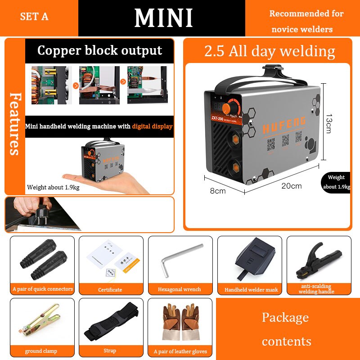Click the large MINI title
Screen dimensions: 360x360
(163, 18)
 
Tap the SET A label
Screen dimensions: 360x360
(34, 17)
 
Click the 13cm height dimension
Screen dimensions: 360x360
(328, 123)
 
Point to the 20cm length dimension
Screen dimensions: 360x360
(292, 186)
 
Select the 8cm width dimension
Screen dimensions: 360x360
(218, 191)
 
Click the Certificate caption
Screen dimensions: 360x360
(110, 290)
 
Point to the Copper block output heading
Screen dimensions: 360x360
(99, 50)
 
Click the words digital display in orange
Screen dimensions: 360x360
(152, 126)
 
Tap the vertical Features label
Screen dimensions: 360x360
(14, 123)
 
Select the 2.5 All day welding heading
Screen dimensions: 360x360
(270, 51)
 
